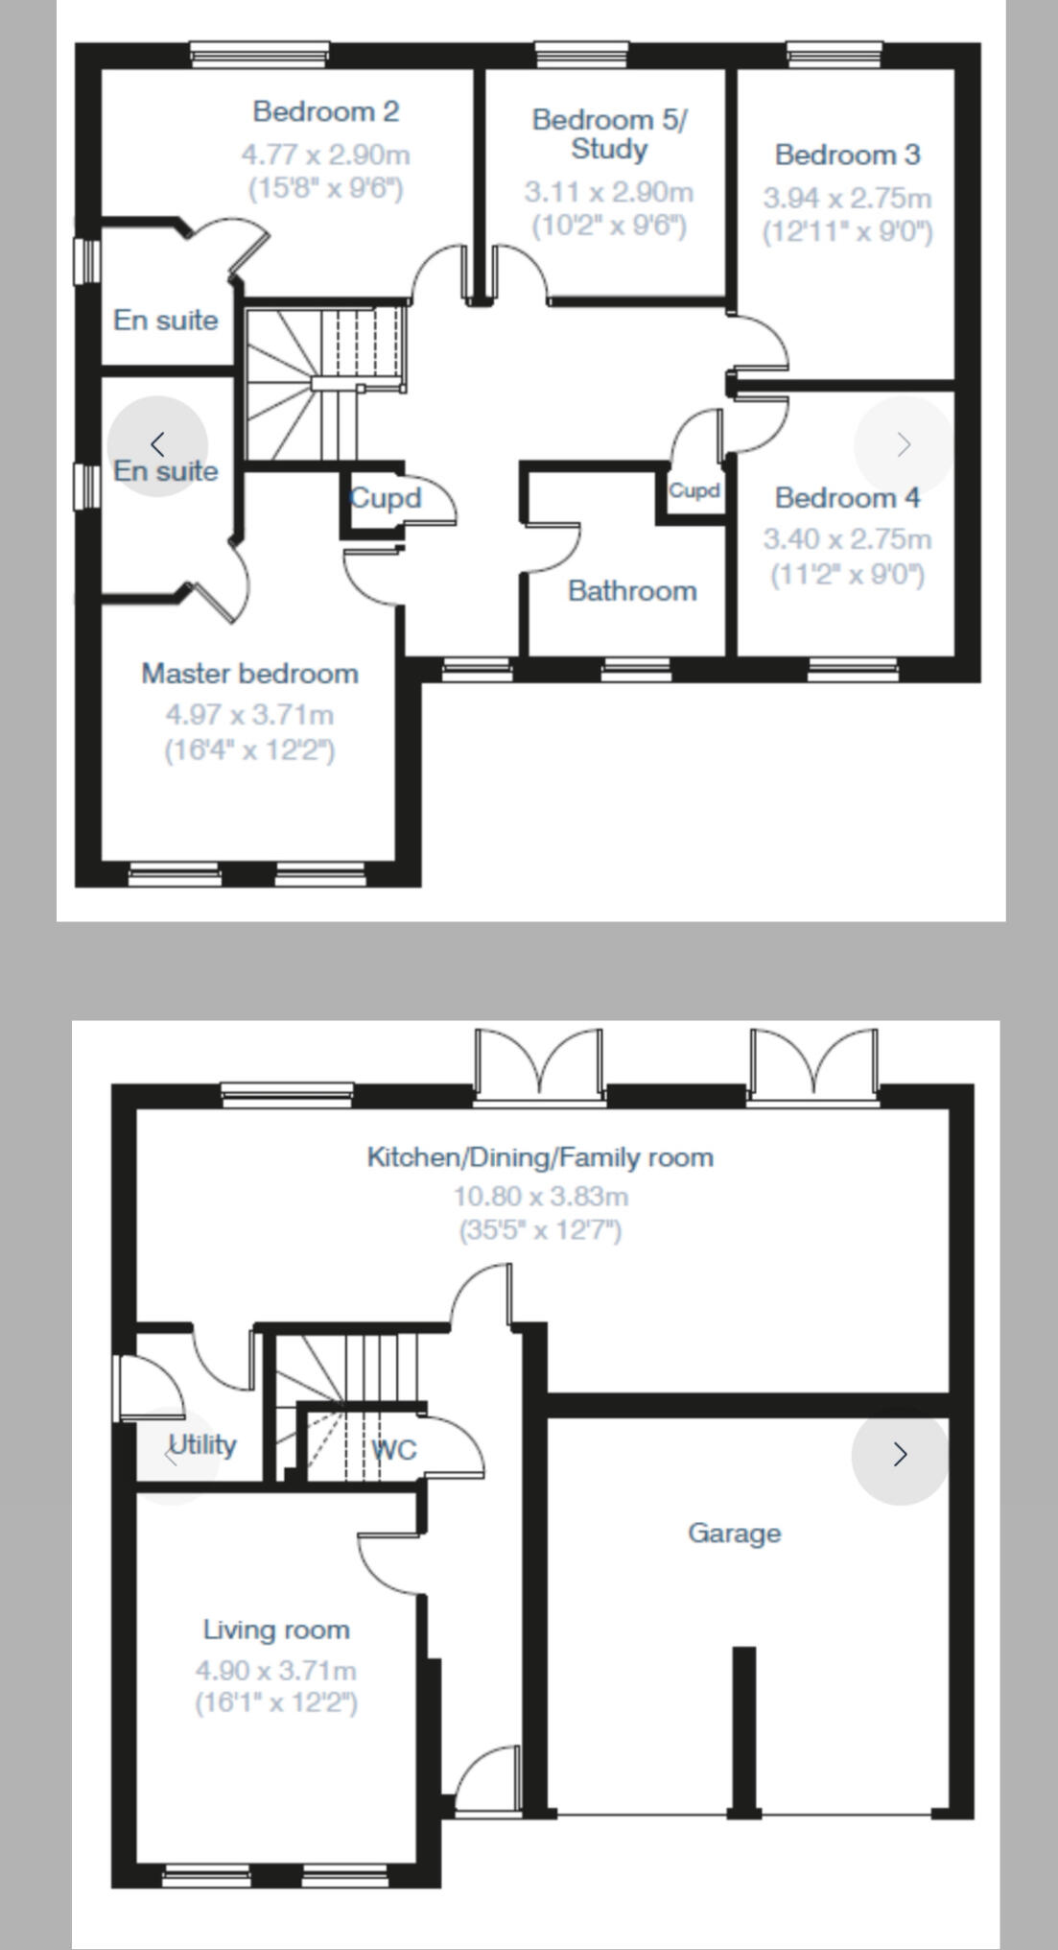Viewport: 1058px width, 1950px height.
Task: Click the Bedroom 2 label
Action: [x=325, y=111]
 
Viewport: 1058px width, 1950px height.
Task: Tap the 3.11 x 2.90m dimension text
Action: [x=608, y=192]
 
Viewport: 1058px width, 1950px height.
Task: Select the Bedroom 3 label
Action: [x=847, y=155]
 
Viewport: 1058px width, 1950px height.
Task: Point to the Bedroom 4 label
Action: [x=847, y=498]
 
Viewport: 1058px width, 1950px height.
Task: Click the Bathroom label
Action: [x=632, y=590]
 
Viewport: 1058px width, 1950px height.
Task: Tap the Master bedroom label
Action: [x=249, y=674]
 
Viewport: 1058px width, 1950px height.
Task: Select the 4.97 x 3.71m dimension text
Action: [x=249, y=715]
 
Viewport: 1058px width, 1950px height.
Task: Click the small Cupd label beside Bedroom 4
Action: [x=694, y=490]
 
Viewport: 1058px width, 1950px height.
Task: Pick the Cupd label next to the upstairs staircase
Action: [x=386, y=498]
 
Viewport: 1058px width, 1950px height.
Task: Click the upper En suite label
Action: [x=166, y=320]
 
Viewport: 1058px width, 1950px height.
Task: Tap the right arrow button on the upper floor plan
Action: [x=903, y=444]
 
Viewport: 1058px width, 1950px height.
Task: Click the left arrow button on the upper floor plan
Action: [x=158, y=444]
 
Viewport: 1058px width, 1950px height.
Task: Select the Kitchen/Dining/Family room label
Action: [x=540, y=1156]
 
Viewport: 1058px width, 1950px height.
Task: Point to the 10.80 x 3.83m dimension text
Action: [x=540, y=1197]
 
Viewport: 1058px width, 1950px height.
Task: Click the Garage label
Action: [x=734, y=1533]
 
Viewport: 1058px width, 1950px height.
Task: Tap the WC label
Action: [x=394, y=1449]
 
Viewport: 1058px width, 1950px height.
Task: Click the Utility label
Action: [x=202, y=1445]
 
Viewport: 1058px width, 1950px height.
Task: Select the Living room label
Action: [x=276, y=1629]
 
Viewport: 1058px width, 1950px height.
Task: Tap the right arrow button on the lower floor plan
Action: [x=900, y=1455]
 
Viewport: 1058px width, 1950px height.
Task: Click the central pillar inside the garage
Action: [x=743, y=1727]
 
